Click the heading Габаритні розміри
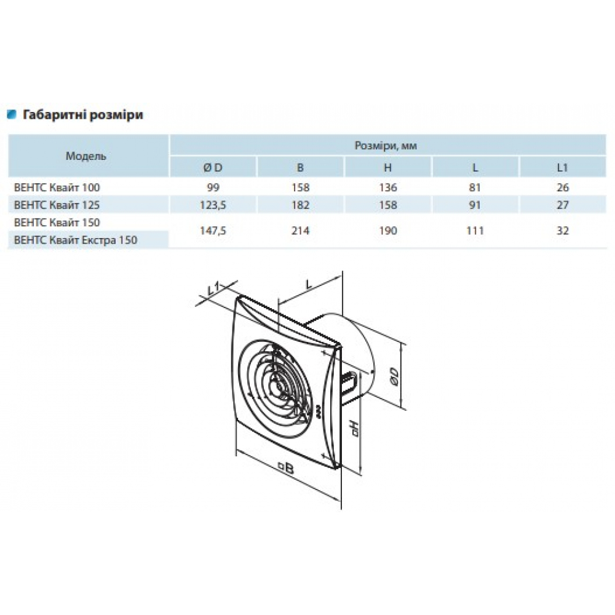[83, 115]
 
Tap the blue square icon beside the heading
[12, 114]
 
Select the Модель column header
[86, 156]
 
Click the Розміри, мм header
[386, 146]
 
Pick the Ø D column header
[213, 168]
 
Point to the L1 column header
[563, 168]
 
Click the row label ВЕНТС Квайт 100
[57, 188]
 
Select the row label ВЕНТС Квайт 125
[57, 205]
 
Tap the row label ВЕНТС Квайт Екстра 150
[75, 240]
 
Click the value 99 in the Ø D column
[213, 188]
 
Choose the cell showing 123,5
[213, 205]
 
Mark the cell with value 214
[301, 231]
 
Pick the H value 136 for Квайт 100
[388, 188]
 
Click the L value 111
[475, 231]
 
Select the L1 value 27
[563, 205]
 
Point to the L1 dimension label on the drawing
[213, 288]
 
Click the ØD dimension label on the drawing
[394, 376]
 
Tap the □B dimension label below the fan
[286, 468]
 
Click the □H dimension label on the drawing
[355, 429]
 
